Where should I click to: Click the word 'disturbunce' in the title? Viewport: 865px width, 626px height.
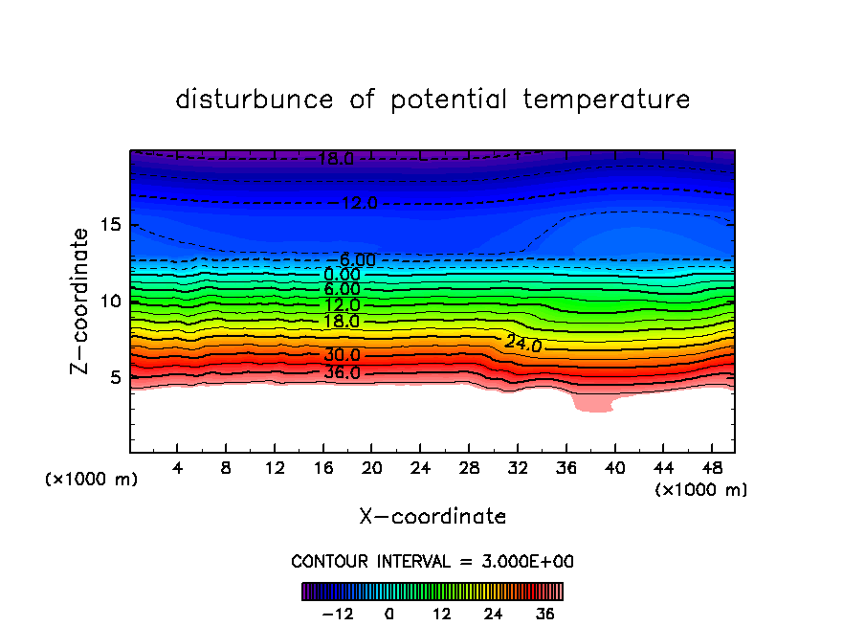point(255,100)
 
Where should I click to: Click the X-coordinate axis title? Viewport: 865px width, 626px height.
point(432,517)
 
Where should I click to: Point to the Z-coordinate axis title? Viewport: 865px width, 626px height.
point(81,301)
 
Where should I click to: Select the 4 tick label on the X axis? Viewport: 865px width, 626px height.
point(178,469)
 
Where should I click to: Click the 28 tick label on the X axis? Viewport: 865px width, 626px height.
point(468,469)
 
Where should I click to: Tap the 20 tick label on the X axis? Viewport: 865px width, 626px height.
point(371,469)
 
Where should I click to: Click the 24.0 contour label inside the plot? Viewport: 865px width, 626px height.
point(523,344)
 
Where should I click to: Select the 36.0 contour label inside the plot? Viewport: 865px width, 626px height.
point(342,372)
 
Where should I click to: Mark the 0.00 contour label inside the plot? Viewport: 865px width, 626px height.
point(342,275)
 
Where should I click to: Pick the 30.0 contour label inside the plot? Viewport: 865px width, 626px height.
point(342,355)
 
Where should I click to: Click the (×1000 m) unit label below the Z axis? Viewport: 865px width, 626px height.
point(92,480)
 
